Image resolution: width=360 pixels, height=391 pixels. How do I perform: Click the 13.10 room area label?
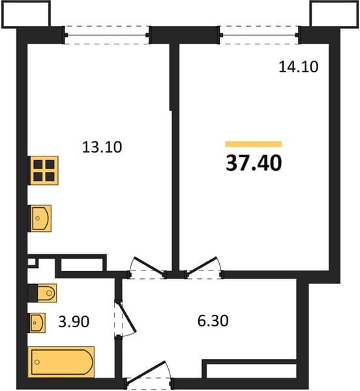click(x=102, y=147)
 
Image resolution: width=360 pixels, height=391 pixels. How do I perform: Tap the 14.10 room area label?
click(x=299, y=67)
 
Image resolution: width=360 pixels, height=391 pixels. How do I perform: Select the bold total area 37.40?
click(x=254, y=163)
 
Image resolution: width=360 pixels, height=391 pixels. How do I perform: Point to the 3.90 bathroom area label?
click(x=74, y=321)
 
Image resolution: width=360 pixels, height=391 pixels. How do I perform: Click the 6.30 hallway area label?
click(x=213, y=321)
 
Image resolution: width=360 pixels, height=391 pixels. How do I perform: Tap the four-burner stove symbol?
click(x=44, y=171)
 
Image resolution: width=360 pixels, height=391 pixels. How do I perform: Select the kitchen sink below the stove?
click(x=40, y=218)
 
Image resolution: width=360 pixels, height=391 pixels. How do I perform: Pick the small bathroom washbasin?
click(x=38, y=323)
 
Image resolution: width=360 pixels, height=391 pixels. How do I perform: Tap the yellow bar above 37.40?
click(x=254, y=144)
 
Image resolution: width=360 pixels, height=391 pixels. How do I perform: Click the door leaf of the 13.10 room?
click(x=149, y=266)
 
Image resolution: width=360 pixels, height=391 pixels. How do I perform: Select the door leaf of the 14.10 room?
click(x=202, y=266)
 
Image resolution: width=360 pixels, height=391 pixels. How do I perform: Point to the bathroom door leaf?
click(x=127, y=317)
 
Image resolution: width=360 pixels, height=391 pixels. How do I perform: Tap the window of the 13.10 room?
click(x=106, y=35)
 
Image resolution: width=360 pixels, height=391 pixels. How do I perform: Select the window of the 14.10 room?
click(x=260, y=35)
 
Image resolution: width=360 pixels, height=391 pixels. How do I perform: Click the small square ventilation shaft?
click(x=31, y=262)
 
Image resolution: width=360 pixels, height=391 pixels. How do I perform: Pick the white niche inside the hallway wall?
click(x=251, y=371)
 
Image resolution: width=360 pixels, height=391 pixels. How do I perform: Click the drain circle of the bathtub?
click(x=37, y=362)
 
